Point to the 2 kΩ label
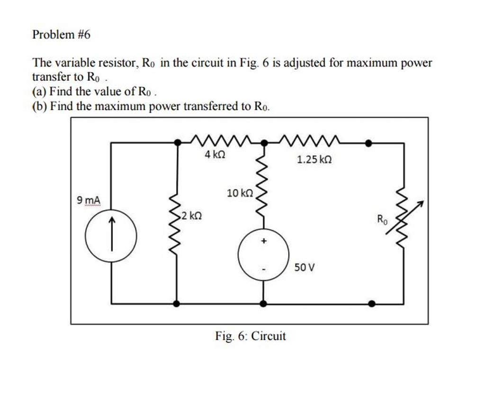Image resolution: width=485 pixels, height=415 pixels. coord(192,216)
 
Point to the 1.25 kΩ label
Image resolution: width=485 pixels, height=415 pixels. coord(314,160)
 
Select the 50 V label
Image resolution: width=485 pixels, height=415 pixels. coord(304,268)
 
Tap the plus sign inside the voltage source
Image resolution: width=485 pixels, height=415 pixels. coord(264,242)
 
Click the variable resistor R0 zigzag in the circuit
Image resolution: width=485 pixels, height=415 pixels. coord(403,218)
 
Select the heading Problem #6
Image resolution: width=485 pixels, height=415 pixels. coord(62,35)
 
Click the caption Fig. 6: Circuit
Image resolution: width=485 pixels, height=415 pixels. coord(251,336)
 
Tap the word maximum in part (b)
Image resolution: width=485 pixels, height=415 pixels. coord(121,106)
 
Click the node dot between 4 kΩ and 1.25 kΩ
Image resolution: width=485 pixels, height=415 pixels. coord(264,142)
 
